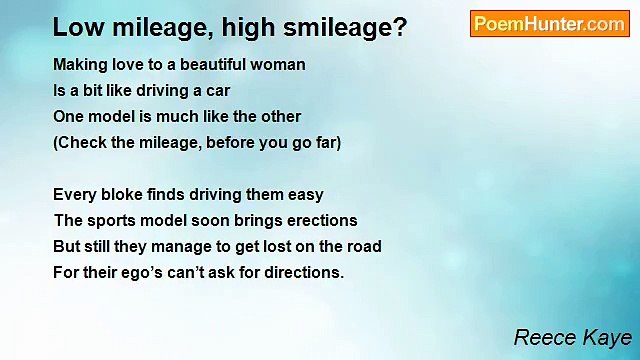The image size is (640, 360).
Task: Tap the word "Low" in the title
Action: [75, 27]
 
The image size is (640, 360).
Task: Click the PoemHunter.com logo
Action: [549, 24]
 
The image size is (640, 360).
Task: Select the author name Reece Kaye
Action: [572, 338]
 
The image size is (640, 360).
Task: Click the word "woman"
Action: [278, 65]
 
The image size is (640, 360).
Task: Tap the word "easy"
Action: [305, 195]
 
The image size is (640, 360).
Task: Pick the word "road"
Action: [363, 247]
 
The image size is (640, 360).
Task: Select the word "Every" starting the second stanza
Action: [74, 195]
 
